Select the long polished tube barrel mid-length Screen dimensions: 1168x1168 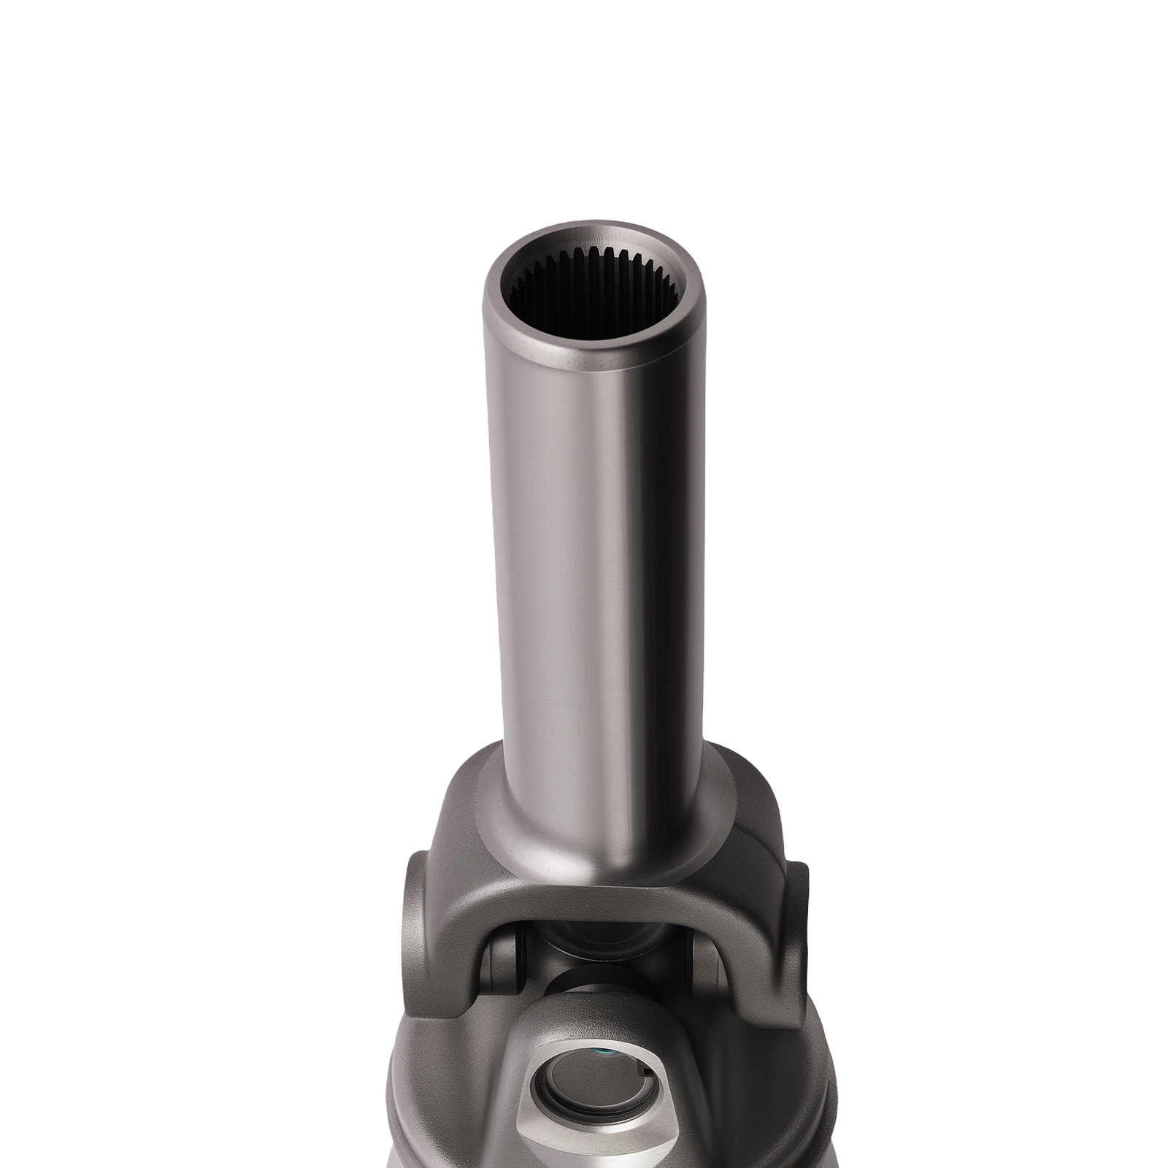click(x=599, y=547)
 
